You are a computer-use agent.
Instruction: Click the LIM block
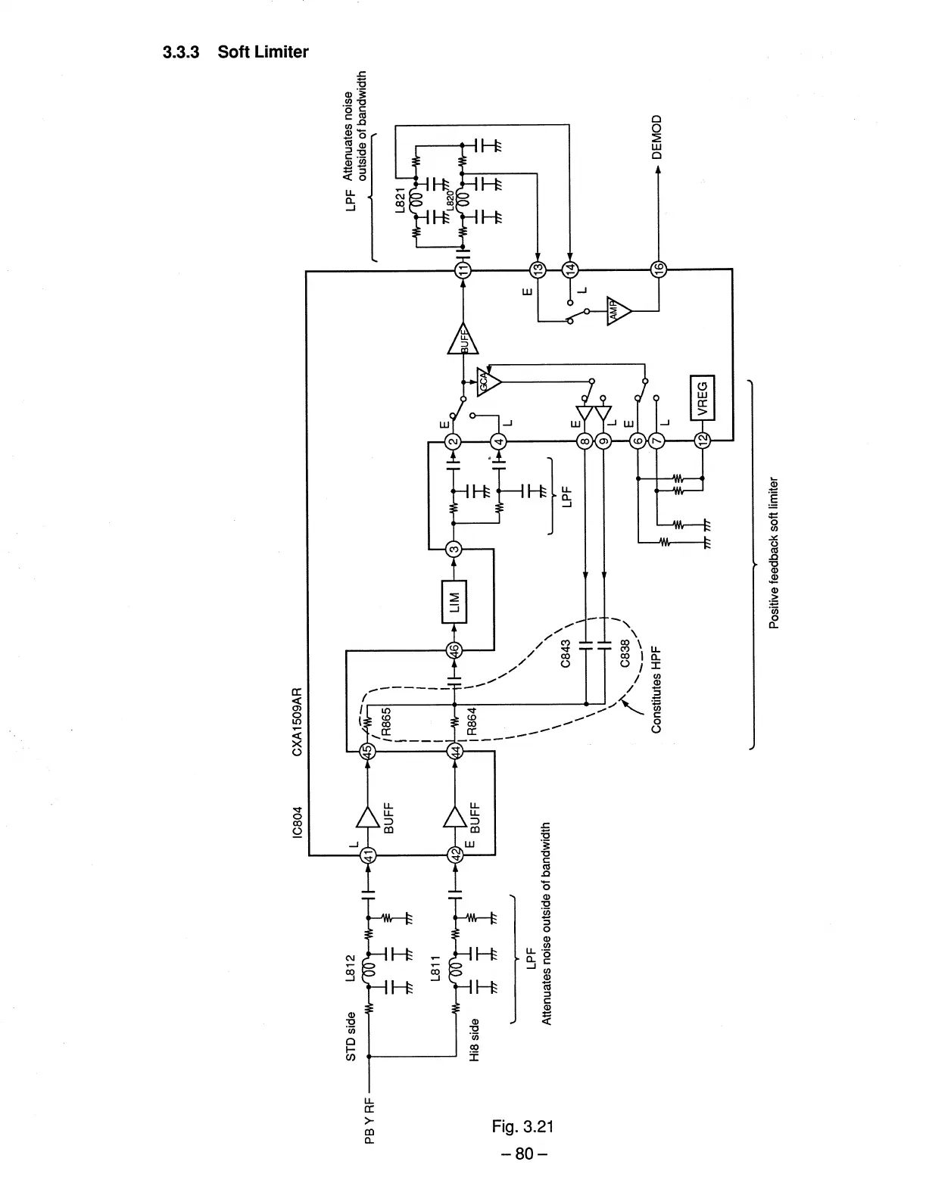pyautogui.click(x=454, y=601)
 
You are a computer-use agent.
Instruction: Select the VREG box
pyautogui.click(x=702, y=397)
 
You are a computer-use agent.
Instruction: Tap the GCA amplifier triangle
pyautogui.click(x=488, y=379)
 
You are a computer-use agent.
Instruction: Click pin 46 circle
pyautogui.click(x=454, y=649)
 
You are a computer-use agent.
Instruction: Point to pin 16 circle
pyautogui.click(x=658, y=269)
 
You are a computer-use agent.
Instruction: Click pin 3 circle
pyautogui.click(x=454, y=550)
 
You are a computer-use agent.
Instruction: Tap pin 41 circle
pyautogui.click(x=367, y=855)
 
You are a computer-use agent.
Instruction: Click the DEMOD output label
pyautogui.click(x=656, y=136)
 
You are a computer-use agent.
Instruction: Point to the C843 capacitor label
pyautogui.click(x=565, y=652)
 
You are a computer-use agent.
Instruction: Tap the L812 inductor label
pyautogui.click(x=350, y=969)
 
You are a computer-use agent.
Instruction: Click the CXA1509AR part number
pyautogui.click(x=297, y=721)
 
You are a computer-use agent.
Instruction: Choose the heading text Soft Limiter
pyautogui.click(x=263, y=52)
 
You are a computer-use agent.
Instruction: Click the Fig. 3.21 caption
pyautogui.click(x=522, y=1126)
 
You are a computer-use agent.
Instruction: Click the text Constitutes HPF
pyautogui.click(x=656, y=690)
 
